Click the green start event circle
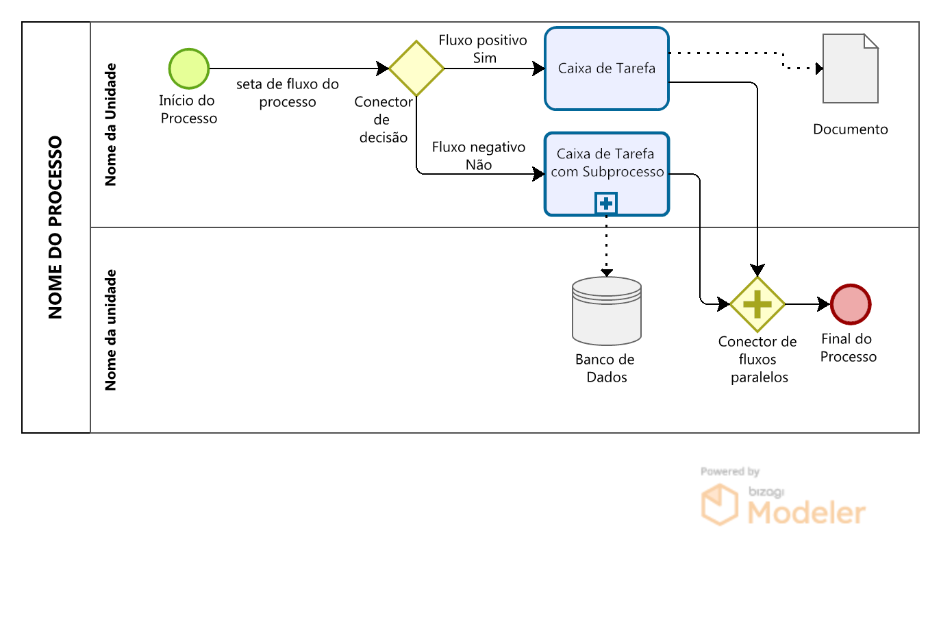[189, 69]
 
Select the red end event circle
[851, 304]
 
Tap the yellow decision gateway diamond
[416, 69]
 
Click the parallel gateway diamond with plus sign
[757, 304]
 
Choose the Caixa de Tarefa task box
[607, 69]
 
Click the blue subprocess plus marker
[606, 203]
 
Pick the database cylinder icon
[607, 310]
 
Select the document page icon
[851, 69]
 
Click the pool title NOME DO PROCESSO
[55, 227]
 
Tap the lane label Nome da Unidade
[110, 125]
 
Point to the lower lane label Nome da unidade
[110, 330]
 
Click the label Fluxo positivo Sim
[483, 49]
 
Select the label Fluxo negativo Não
[479, 156]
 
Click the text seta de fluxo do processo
[288, 93]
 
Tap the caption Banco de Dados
[605, 369]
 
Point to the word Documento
[851, 129]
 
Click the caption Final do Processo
[848, 348]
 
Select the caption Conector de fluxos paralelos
[758, 360]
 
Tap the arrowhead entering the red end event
[825, 304]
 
